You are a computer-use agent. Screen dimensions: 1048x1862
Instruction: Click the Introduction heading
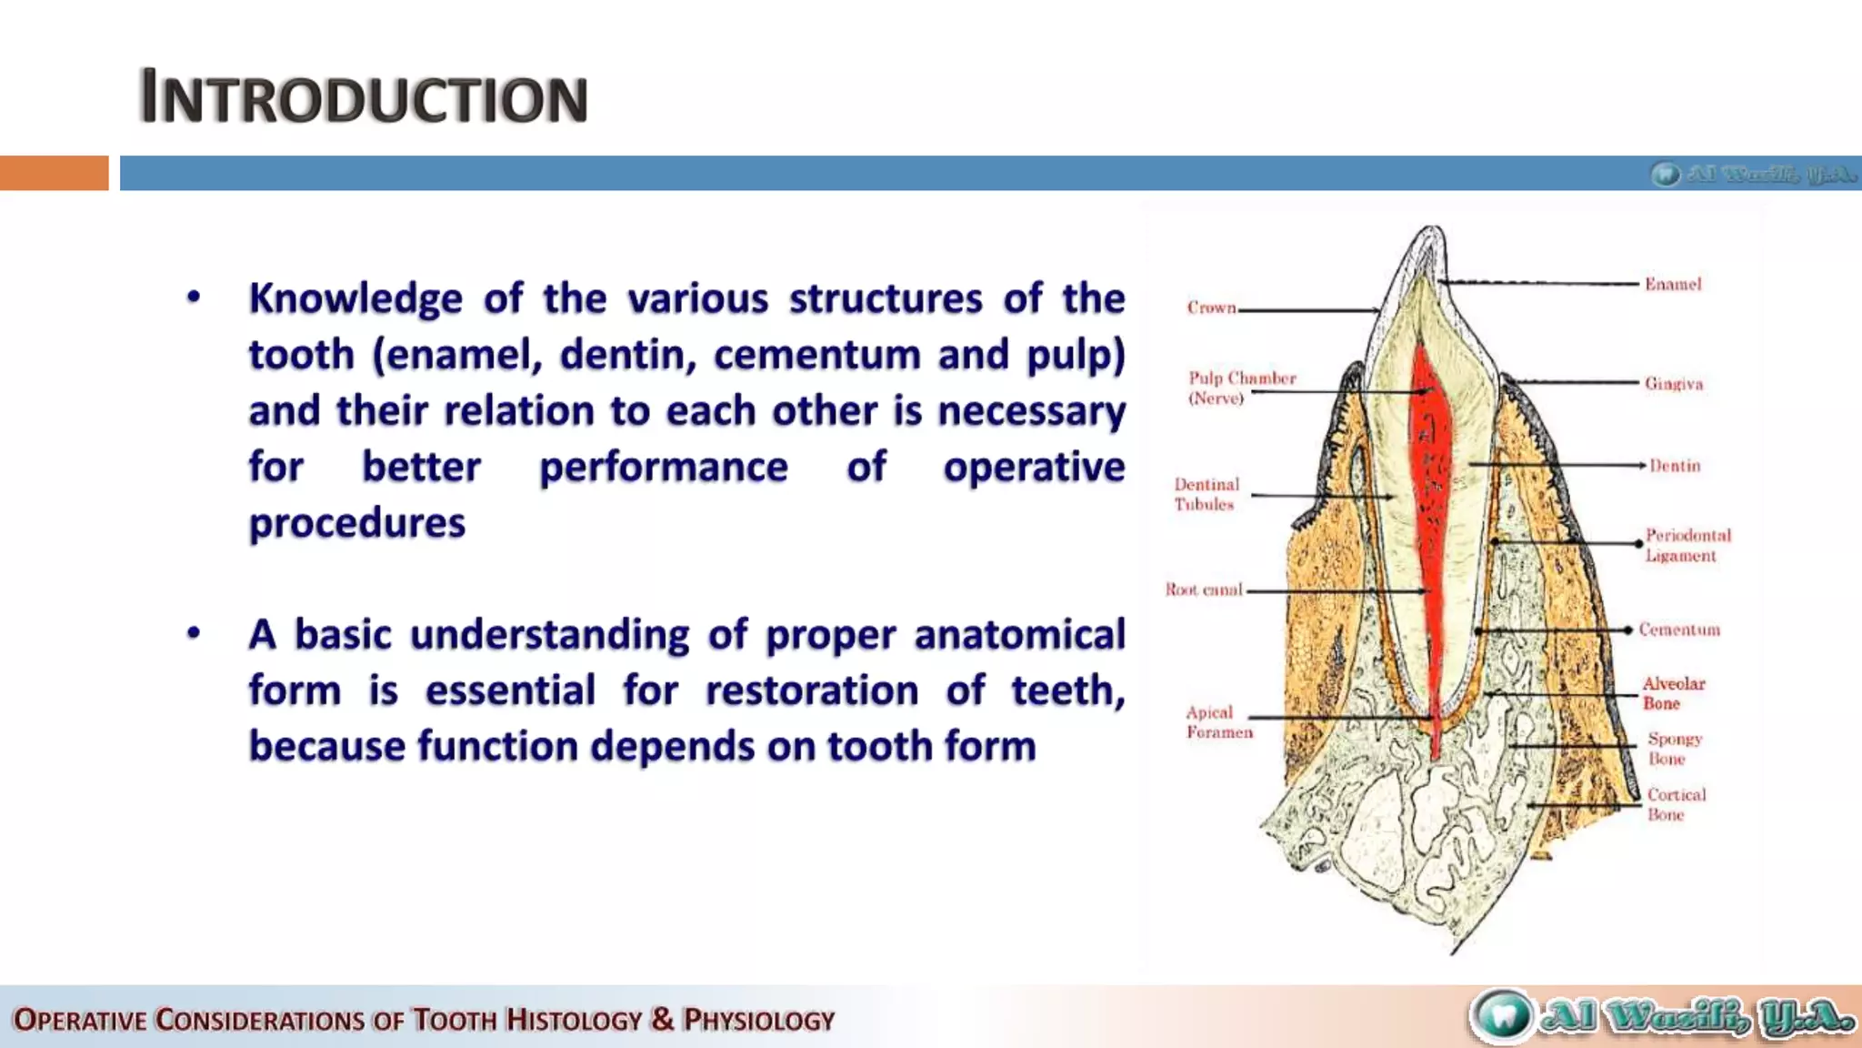(x=364, y=97)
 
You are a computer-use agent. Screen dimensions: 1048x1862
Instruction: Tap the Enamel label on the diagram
(x=1672, y=285)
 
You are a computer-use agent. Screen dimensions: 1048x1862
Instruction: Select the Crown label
(x=1211, y=308)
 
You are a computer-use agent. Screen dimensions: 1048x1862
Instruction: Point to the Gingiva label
(x=1673, y=384)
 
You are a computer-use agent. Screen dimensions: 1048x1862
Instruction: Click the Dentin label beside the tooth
(x=1675, y=466)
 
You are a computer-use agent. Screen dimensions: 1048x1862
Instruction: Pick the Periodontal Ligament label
(x=1687, y=545)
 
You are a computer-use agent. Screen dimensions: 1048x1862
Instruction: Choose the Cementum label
(x=1679, y=630)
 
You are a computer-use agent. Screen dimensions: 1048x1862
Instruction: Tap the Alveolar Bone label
(x=1673, y=693)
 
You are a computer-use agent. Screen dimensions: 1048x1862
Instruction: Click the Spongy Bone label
(x=1674, y=749)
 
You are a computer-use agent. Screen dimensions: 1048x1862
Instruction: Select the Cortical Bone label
(x=1676, y=804)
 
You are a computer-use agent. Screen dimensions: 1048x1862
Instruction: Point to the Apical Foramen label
(x=1218, y=722)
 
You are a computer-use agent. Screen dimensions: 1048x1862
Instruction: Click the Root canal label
(x=1204, y=589)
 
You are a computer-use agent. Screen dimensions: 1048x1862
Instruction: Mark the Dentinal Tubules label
(x=1206, y=494)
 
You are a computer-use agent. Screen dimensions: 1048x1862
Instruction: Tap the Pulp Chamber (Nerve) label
(x=1241, y=388)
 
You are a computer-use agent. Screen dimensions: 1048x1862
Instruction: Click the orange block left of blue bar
(x=54, y=173)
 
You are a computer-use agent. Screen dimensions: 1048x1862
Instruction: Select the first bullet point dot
(x=194, y=297)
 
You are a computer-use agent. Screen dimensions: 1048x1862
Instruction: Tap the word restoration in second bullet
(x=811, y=690)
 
